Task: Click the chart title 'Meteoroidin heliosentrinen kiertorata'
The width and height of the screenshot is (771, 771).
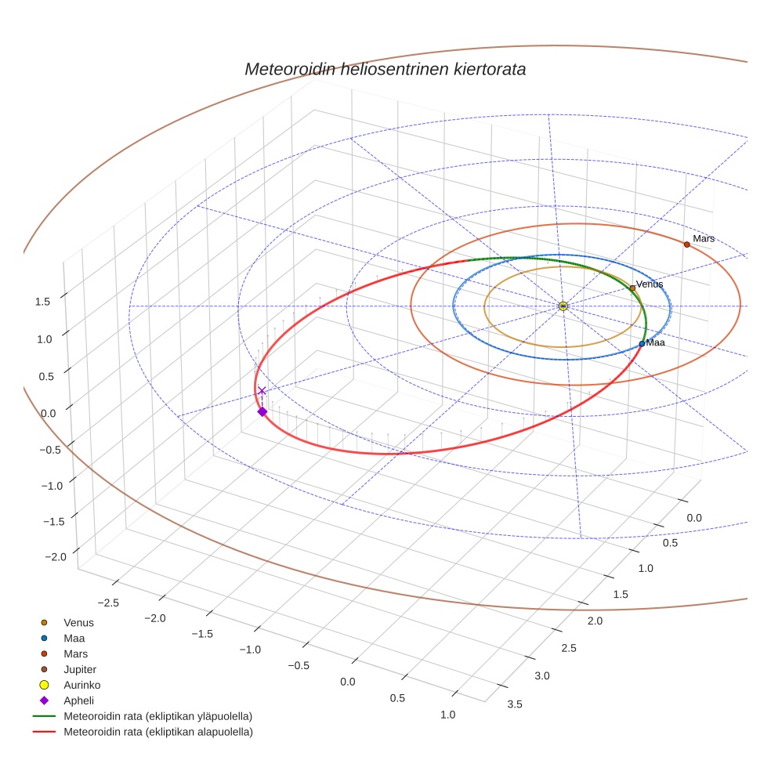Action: coord(385,69)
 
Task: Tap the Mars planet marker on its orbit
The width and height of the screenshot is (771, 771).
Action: coord(687,244)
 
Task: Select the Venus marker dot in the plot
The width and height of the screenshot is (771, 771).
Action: coord(632,288)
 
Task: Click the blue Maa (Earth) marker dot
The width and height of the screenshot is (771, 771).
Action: coord(642,343)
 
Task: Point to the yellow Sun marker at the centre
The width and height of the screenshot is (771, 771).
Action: coord(563,306)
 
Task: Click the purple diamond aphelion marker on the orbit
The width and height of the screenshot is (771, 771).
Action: coord(262,411)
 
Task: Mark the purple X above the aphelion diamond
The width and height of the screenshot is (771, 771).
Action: coord(262,390)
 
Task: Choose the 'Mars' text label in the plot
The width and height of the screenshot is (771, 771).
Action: coord(704,238)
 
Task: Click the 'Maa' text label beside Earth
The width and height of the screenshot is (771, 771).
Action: coord(656,343)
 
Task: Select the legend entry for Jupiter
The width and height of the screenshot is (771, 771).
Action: coord(80,669)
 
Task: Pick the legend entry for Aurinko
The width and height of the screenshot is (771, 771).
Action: coord(81,685)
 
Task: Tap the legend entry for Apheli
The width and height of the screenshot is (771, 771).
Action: coord(78,700)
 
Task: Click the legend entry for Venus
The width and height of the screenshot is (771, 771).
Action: coord(78,623)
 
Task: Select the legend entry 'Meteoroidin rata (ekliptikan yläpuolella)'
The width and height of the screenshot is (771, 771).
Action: coord(157,716)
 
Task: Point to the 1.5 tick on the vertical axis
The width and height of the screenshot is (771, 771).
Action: coord(43,302)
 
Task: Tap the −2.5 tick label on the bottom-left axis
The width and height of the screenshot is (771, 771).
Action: coord(108,602)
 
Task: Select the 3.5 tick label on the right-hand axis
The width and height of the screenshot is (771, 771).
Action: coord(516,704)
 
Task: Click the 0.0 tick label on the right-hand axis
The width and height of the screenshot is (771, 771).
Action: coord(693,518)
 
